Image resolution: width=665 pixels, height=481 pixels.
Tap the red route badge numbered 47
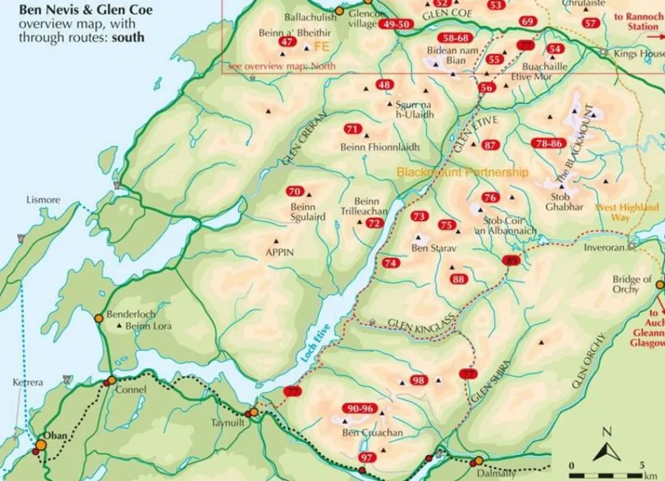coord(287,42)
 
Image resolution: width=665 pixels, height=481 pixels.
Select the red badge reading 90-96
coord(360,409)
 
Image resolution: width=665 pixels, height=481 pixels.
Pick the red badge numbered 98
coord(418,380)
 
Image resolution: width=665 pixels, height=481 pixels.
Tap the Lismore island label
coord(43,199)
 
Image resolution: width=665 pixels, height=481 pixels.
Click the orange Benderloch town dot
coord(98,318)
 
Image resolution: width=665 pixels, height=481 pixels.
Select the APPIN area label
coord(279,252)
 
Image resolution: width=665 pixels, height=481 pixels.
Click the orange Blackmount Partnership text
coord(462,172)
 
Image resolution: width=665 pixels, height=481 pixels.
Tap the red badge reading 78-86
coord(549,143)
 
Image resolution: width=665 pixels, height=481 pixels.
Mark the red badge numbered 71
coord(352,129)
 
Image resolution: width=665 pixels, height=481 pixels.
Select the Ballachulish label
coord(310,17)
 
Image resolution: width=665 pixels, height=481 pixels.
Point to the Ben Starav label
coord(429,248)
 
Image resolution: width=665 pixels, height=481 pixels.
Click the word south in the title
coord(128,37)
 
